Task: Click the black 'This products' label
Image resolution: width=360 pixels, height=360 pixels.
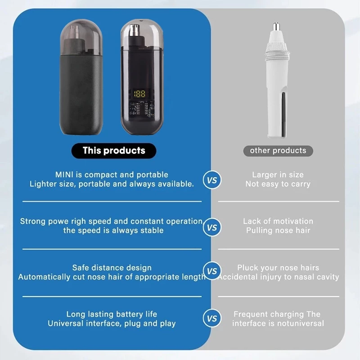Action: coord(114,151)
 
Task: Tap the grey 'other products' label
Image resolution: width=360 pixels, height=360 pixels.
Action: coord(278,151)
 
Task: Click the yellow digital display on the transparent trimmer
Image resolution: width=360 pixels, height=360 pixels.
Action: coord(140,94)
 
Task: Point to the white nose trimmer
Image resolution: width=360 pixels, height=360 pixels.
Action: coord(277,81)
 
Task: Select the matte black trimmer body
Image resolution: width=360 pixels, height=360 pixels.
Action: coord(81,94)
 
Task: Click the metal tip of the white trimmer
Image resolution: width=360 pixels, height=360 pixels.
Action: coord(276,27)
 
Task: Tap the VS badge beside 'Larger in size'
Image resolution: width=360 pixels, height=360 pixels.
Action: coord(212,180)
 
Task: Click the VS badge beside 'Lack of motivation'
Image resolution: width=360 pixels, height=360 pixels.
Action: coord(212,227)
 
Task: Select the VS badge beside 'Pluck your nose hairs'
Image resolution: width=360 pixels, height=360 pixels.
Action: coord(212,271)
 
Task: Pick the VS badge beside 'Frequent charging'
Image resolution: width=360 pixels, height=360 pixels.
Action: coord(212,318)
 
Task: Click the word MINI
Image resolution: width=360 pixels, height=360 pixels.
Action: coord(64,175)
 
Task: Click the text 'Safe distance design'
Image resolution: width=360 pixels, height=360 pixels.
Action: coord(112,268)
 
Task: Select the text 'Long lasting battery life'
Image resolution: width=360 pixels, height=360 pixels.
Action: coord(112,314)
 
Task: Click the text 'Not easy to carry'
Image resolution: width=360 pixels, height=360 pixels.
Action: coord(278,184)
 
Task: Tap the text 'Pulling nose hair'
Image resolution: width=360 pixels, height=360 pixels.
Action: coord(278,230)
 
